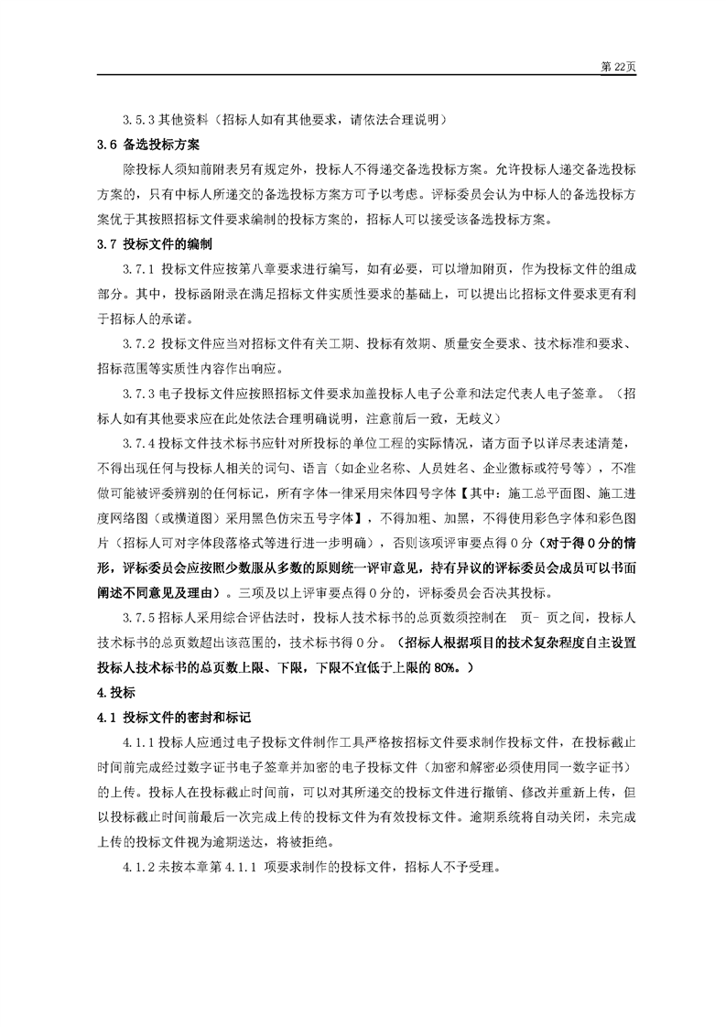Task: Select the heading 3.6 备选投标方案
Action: point(148,145)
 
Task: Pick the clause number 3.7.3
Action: point(139,394)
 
